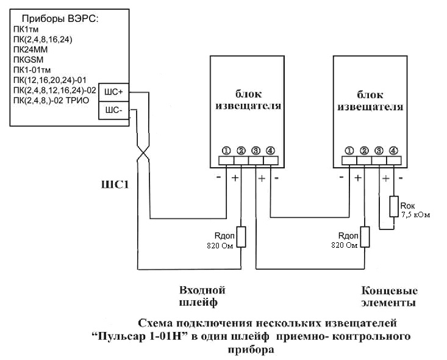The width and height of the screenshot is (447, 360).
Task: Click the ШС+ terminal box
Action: tap(113, 92)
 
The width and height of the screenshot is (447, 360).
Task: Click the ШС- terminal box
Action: tap(113, 110)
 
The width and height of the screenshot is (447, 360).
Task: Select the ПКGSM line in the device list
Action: tap(29, 61)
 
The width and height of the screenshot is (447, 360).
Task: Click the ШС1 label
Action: tap(115, 184)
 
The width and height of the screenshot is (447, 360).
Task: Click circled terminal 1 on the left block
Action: tap(226, 150)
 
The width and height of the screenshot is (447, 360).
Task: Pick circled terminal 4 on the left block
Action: tap(270, 150)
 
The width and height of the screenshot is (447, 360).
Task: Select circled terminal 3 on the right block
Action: tap(379, 150)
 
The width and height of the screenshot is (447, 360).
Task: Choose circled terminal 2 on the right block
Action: tap(364, 150)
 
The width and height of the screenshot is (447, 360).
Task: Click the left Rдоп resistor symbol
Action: tap(241, 237)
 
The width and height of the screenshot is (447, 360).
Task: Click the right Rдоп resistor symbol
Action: tap(365, 237)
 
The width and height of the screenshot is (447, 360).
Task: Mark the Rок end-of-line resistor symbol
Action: tap(394, 208)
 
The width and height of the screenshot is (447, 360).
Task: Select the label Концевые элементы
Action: tap(389, 296)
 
